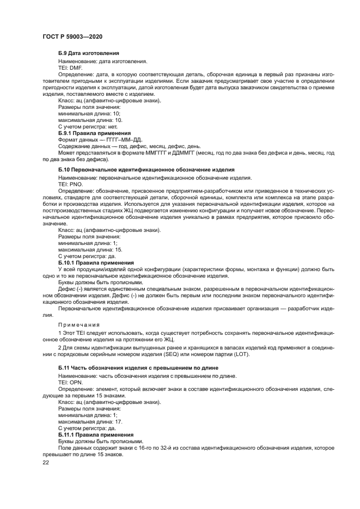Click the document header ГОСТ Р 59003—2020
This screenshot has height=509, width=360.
(72, 36)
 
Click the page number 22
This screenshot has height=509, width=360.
(46, 462)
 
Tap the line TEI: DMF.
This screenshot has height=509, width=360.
(70, 68)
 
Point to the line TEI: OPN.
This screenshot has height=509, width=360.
(70, 383)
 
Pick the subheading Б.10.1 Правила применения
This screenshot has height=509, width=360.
(96, 262)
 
